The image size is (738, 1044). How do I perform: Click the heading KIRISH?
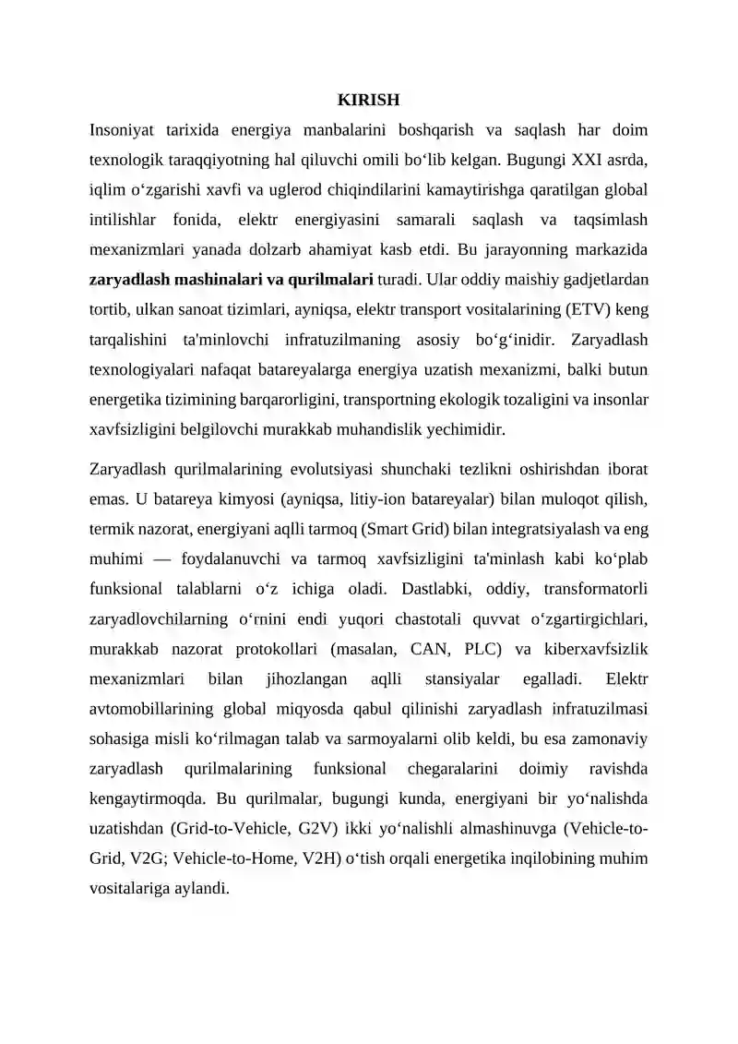368,100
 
